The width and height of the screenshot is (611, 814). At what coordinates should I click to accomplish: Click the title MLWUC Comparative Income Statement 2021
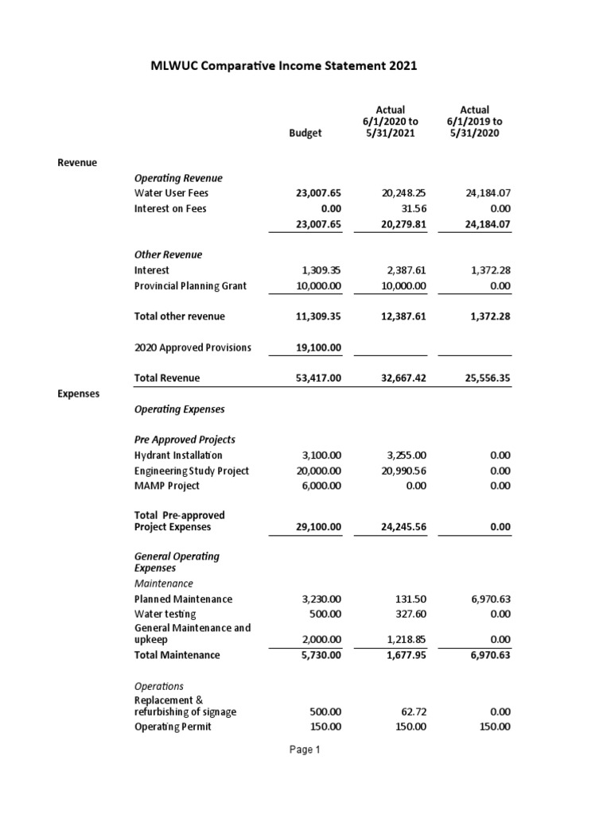284,67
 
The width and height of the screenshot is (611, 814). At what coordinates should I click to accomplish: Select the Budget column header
305,134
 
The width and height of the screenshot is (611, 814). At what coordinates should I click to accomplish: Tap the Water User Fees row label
172,193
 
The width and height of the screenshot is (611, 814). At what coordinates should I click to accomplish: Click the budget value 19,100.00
317,347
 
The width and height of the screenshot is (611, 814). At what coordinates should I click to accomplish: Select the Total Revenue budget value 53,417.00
317,378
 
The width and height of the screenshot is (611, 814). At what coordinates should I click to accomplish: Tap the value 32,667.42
402,378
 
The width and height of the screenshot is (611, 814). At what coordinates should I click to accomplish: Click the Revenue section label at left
77,162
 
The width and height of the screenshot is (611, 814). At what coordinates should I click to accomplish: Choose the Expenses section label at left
79,393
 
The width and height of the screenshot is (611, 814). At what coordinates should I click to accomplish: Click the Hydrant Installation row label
178,455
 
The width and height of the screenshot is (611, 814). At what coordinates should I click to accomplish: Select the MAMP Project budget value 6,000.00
321,486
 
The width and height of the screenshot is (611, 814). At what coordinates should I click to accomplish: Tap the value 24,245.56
402,527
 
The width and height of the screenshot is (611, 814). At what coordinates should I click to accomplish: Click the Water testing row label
165,614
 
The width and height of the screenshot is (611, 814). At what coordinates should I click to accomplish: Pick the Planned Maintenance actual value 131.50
412,599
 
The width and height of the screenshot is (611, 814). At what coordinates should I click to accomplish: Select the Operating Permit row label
173,727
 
